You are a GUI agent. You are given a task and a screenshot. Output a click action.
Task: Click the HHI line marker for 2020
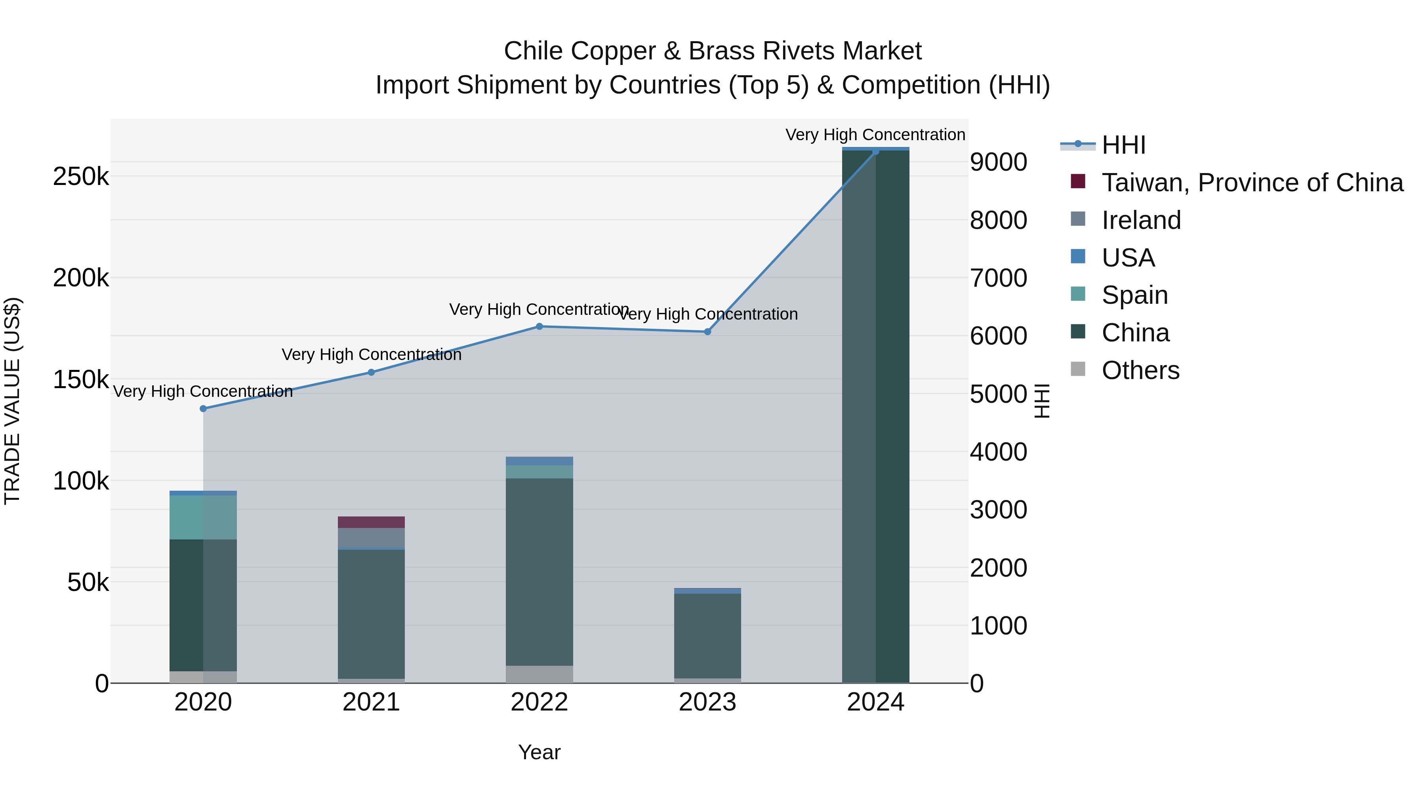(203, 408)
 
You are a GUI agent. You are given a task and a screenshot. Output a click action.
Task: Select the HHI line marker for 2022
(539, 327)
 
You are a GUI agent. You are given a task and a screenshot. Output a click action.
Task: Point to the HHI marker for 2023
(707, 331)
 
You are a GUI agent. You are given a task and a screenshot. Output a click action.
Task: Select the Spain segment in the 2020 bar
(203, 517)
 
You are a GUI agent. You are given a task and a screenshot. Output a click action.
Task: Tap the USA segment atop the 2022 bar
(539, 461)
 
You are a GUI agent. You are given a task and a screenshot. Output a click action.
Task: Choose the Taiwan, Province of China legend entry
(1252, 183)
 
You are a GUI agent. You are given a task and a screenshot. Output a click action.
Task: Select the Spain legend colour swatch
(1078, 294)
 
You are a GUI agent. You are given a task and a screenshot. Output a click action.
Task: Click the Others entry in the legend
(1140, 370)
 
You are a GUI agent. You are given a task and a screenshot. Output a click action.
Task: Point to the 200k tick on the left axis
(81, 278)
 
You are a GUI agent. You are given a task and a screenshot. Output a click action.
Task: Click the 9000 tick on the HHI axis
(998, 162)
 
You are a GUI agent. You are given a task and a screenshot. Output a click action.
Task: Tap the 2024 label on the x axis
(875, 702)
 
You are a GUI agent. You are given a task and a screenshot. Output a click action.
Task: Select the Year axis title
(539, 752)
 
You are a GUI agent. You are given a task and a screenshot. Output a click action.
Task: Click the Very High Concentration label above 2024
(875, 135)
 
